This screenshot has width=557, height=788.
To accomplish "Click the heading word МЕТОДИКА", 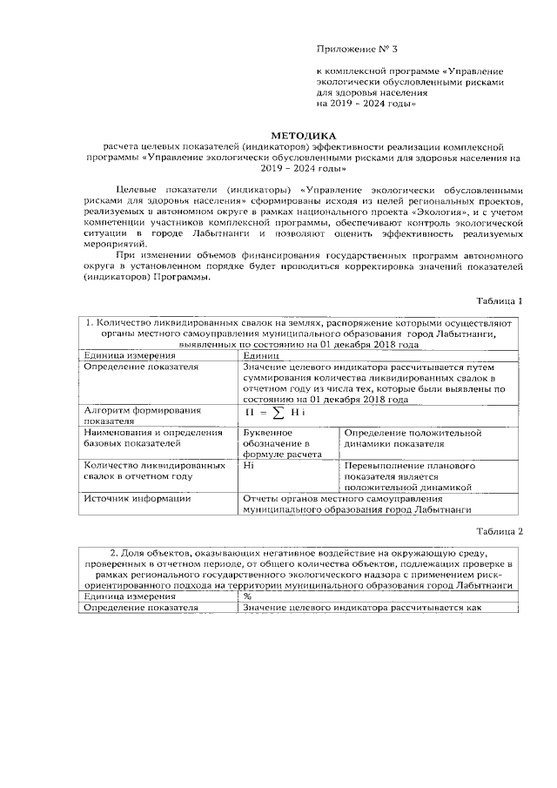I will (302, 136).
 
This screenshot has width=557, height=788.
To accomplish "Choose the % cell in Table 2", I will (248, 596).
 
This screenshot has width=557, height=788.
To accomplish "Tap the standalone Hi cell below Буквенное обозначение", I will (249, 466).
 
